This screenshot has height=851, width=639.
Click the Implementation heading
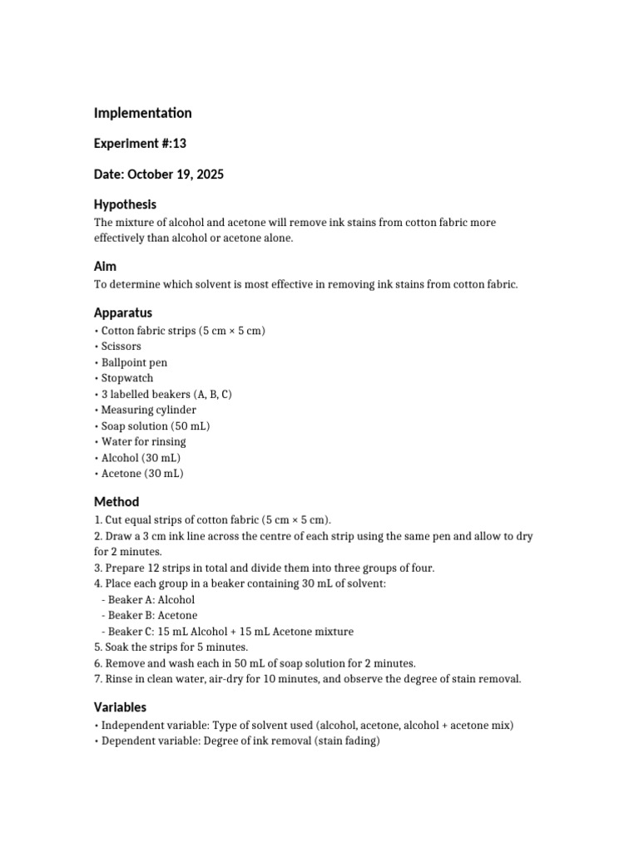click(142, 113)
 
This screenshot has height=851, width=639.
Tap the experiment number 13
click(179, 144)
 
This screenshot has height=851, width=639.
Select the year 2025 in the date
click(209, 175)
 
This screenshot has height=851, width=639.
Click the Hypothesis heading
click(125, 204)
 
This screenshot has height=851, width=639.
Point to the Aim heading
click(105, 267)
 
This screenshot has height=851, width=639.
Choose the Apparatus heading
click(123, 313)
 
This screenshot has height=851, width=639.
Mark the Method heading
click(116, 502)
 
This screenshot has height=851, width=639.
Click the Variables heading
click(120, 708)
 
